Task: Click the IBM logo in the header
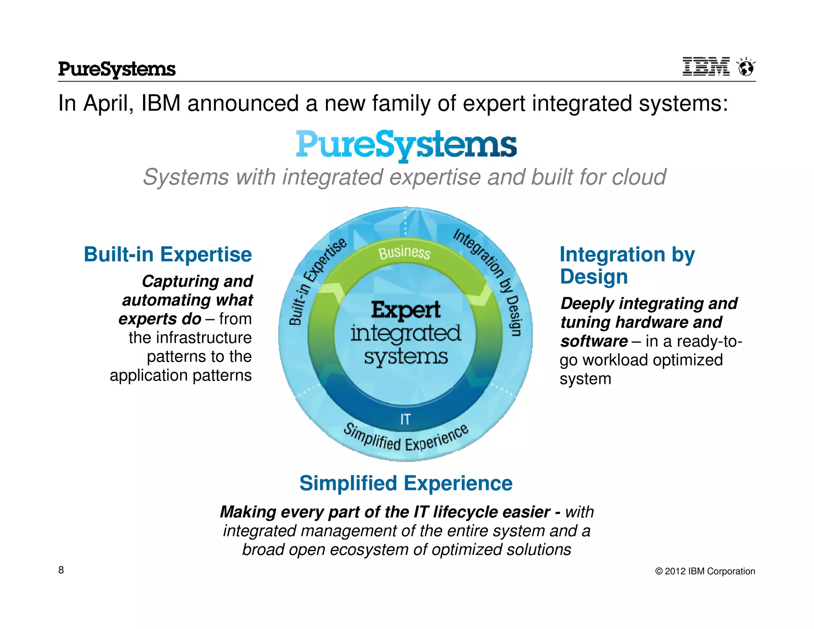tap(706, 66)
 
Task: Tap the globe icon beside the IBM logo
tap(746, 67)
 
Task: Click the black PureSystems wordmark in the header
tap(117, 69)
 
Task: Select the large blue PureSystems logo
tap(406, 145)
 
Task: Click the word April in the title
tap(108, 103)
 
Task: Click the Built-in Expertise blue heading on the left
tap(168, 254)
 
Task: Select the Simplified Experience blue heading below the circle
tap(406, 483)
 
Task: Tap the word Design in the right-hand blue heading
tap(594, 277)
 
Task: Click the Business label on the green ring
tap(404, 252)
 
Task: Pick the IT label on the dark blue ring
tap(405, 419)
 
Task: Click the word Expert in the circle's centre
tap(406, 310)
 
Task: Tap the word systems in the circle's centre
tap(406, 357)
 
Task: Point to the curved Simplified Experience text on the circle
tap(406, 440)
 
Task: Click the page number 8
tap(61, 570)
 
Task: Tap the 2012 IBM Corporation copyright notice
tap(705, 571)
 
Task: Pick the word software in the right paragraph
tap(594, 342)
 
